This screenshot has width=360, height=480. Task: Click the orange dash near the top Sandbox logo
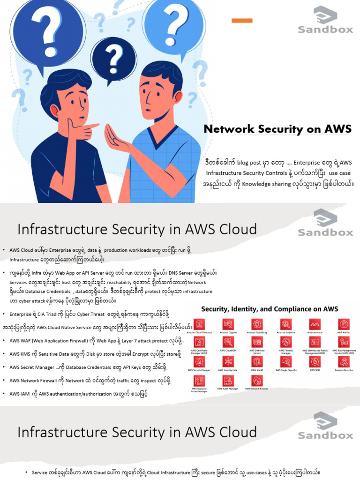pos(242,20)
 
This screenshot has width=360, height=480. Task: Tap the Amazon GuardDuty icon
pos(257,324)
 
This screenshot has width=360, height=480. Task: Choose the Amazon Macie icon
pos(315,324)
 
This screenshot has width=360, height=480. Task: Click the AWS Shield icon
pos(257,361)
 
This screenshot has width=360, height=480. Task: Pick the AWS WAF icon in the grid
pos(315,361)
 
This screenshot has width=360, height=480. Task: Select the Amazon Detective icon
pos(344,361)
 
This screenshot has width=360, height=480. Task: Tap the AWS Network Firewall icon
pos(257,380)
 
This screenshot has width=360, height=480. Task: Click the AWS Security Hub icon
pos(228,361)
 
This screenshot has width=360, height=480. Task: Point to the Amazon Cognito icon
pos(228,324)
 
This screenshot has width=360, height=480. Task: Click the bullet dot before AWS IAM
pos(4,394)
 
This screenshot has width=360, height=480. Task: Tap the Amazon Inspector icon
pos(286,324)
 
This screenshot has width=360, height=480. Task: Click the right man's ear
pos(177,97)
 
